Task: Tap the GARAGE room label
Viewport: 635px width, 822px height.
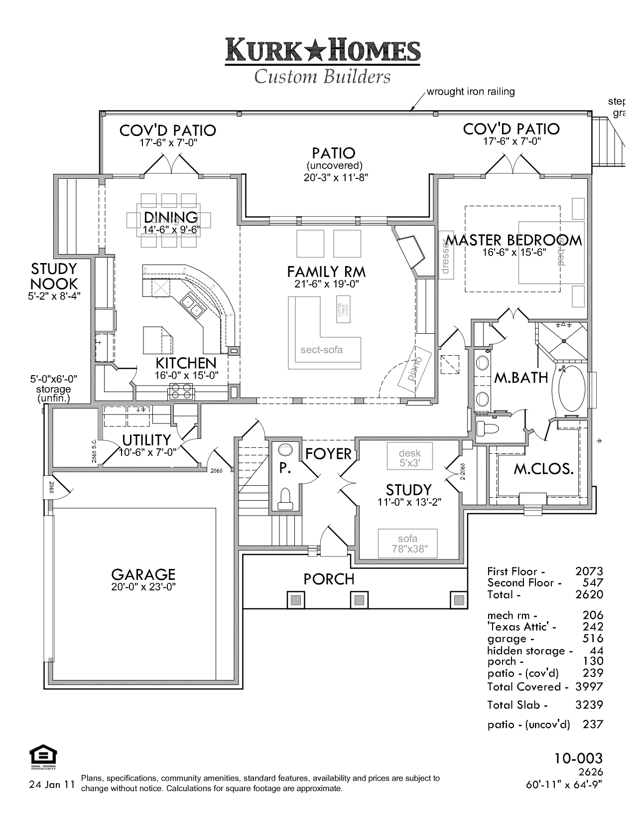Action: (143, 574)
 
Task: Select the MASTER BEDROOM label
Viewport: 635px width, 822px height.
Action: (514, 240)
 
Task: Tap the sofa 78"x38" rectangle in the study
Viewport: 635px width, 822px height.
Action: (407, 543)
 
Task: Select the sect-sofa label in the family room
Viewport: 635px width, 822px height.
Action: (321, 350)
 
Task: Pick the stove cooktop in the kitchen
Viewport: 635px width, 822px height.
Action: (181, 392)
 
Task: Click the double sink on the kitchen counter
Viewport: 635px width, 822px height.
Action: (192, 306)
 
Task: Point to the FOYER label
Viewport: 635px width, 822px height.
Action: (328, 454)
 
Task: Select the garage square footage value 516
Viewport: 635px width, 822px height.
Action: (593, 639)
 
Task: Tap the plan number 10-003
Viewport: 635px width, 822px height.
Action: (578, 758)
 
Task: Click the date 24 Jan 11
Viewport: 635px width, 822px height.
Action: (52, 785)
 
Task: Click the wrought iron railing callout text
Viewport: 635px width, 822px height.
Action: (470, 92)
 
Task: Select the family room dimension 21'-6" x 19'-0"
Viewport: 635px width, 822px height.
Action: (326, 284)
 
